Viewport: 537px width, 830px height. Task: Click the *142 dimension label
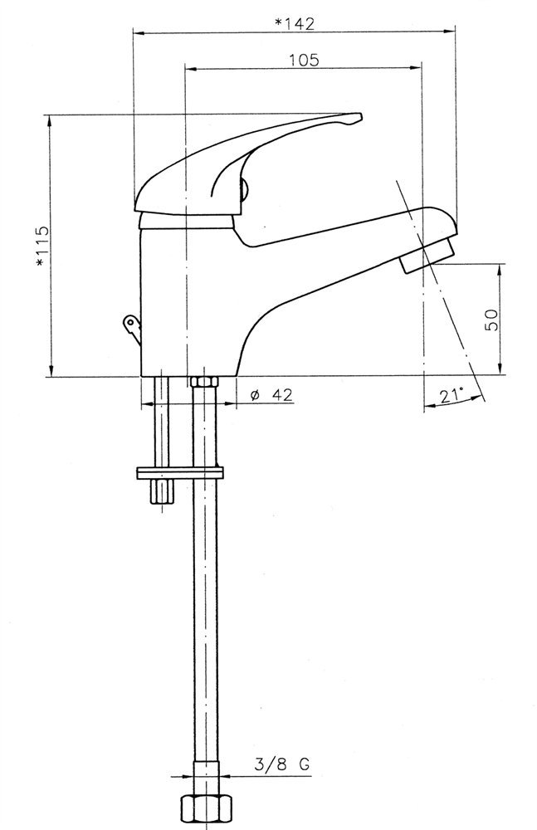[295, 23]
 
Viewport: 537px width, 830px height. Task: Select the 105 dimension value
[304, 60]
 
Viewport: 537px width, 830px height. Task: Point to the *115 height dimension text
[41, 247]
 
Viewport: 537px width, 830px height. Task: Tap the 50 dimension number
[492, 320]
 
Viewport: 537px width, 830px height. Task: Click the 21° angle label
[451, 394]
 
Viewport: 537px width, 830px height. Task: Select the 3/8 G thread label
[281, 764]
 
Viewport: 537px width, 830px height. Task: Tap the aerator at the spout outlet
[427, 256]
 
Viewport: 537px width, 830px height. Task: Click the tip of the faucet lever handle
[360, 115]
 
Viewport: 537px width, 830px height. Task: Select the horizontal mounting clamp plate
[179, 473]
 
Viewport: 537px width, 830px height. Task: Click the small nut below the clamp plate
[161, 492]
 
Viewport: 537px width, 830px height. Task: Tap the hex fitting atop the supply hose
[204, 382]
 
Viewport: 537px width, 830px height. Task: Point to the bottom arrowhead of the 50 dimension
[500, 369]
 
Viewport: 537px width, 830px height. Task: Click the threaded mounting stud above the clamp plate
[161, 422]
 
